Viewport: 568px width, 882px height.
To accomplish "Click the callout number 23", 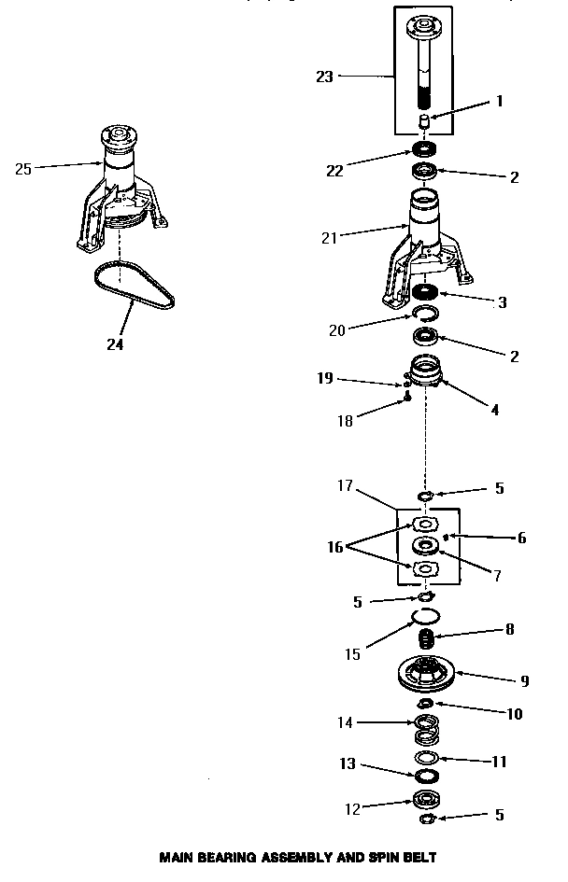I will click(x=324, y=77).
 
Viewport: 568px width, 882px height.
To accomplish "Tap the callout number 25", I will click(x=24, y=169).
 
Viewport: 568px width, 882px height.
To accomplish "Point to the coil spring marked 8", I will click(x=426, y=640).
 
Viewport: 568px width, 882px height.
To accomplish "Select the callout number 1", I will click(x=499, y=102).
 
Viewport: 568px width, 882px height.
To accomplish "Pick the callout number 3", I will click(x=502, y=302).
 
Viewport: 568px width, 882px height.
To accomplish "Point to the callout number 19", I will click(x=324, y=379).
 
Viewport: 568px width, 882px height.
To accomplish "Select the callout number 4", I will click(x=495, y=409).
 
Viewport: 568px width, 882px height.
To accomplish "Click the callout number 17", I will click(x=343, y=485).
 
